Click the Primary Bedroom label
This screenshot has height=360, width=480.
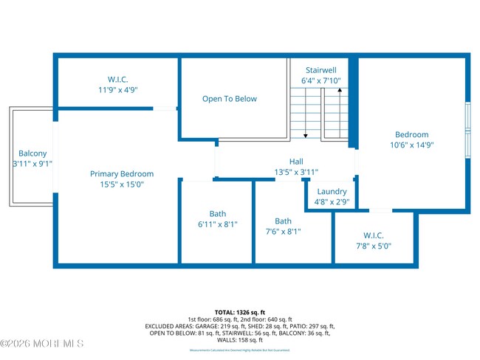tap(122, 174)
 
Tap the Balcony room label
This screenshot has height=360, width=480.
tap(32, 153)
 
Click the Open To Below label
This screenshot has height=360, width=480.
tap(230, 99)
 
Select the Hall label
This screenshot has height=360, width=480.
tap(295, 162)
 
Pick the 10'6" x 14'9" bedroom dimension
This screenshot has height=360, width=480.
tap(411, 145)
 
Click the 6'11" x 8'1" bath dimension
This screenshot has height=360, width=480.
tap(218, 224)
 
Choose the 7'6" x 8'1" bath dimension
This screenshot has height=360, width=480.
tap(283, 231)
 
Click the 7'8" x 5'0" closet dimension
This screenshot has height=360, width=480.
tap(373, 246)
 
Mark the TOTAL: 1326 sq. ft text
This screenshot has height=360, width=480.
tap(240, 313)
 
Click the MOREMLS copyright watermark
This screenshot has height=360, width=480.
tap(42, 344)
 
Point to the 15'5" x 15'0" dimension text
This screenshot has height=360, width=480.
tap(122, 184)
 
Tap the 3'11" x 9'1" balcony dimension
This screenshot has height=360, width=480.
tap(32, 164)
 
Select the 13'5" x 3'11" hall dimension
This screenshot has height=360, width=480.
tap(295, 172)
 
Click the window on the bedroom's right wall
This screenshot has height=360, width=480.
tap(467, 128)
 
